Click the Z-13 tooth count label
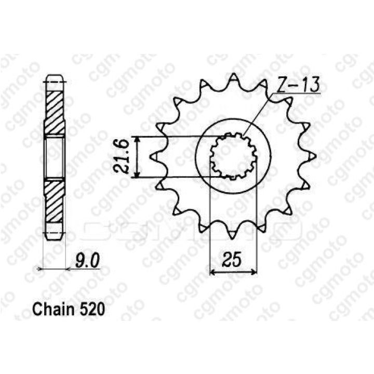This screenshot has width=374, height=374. [298, 85]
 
